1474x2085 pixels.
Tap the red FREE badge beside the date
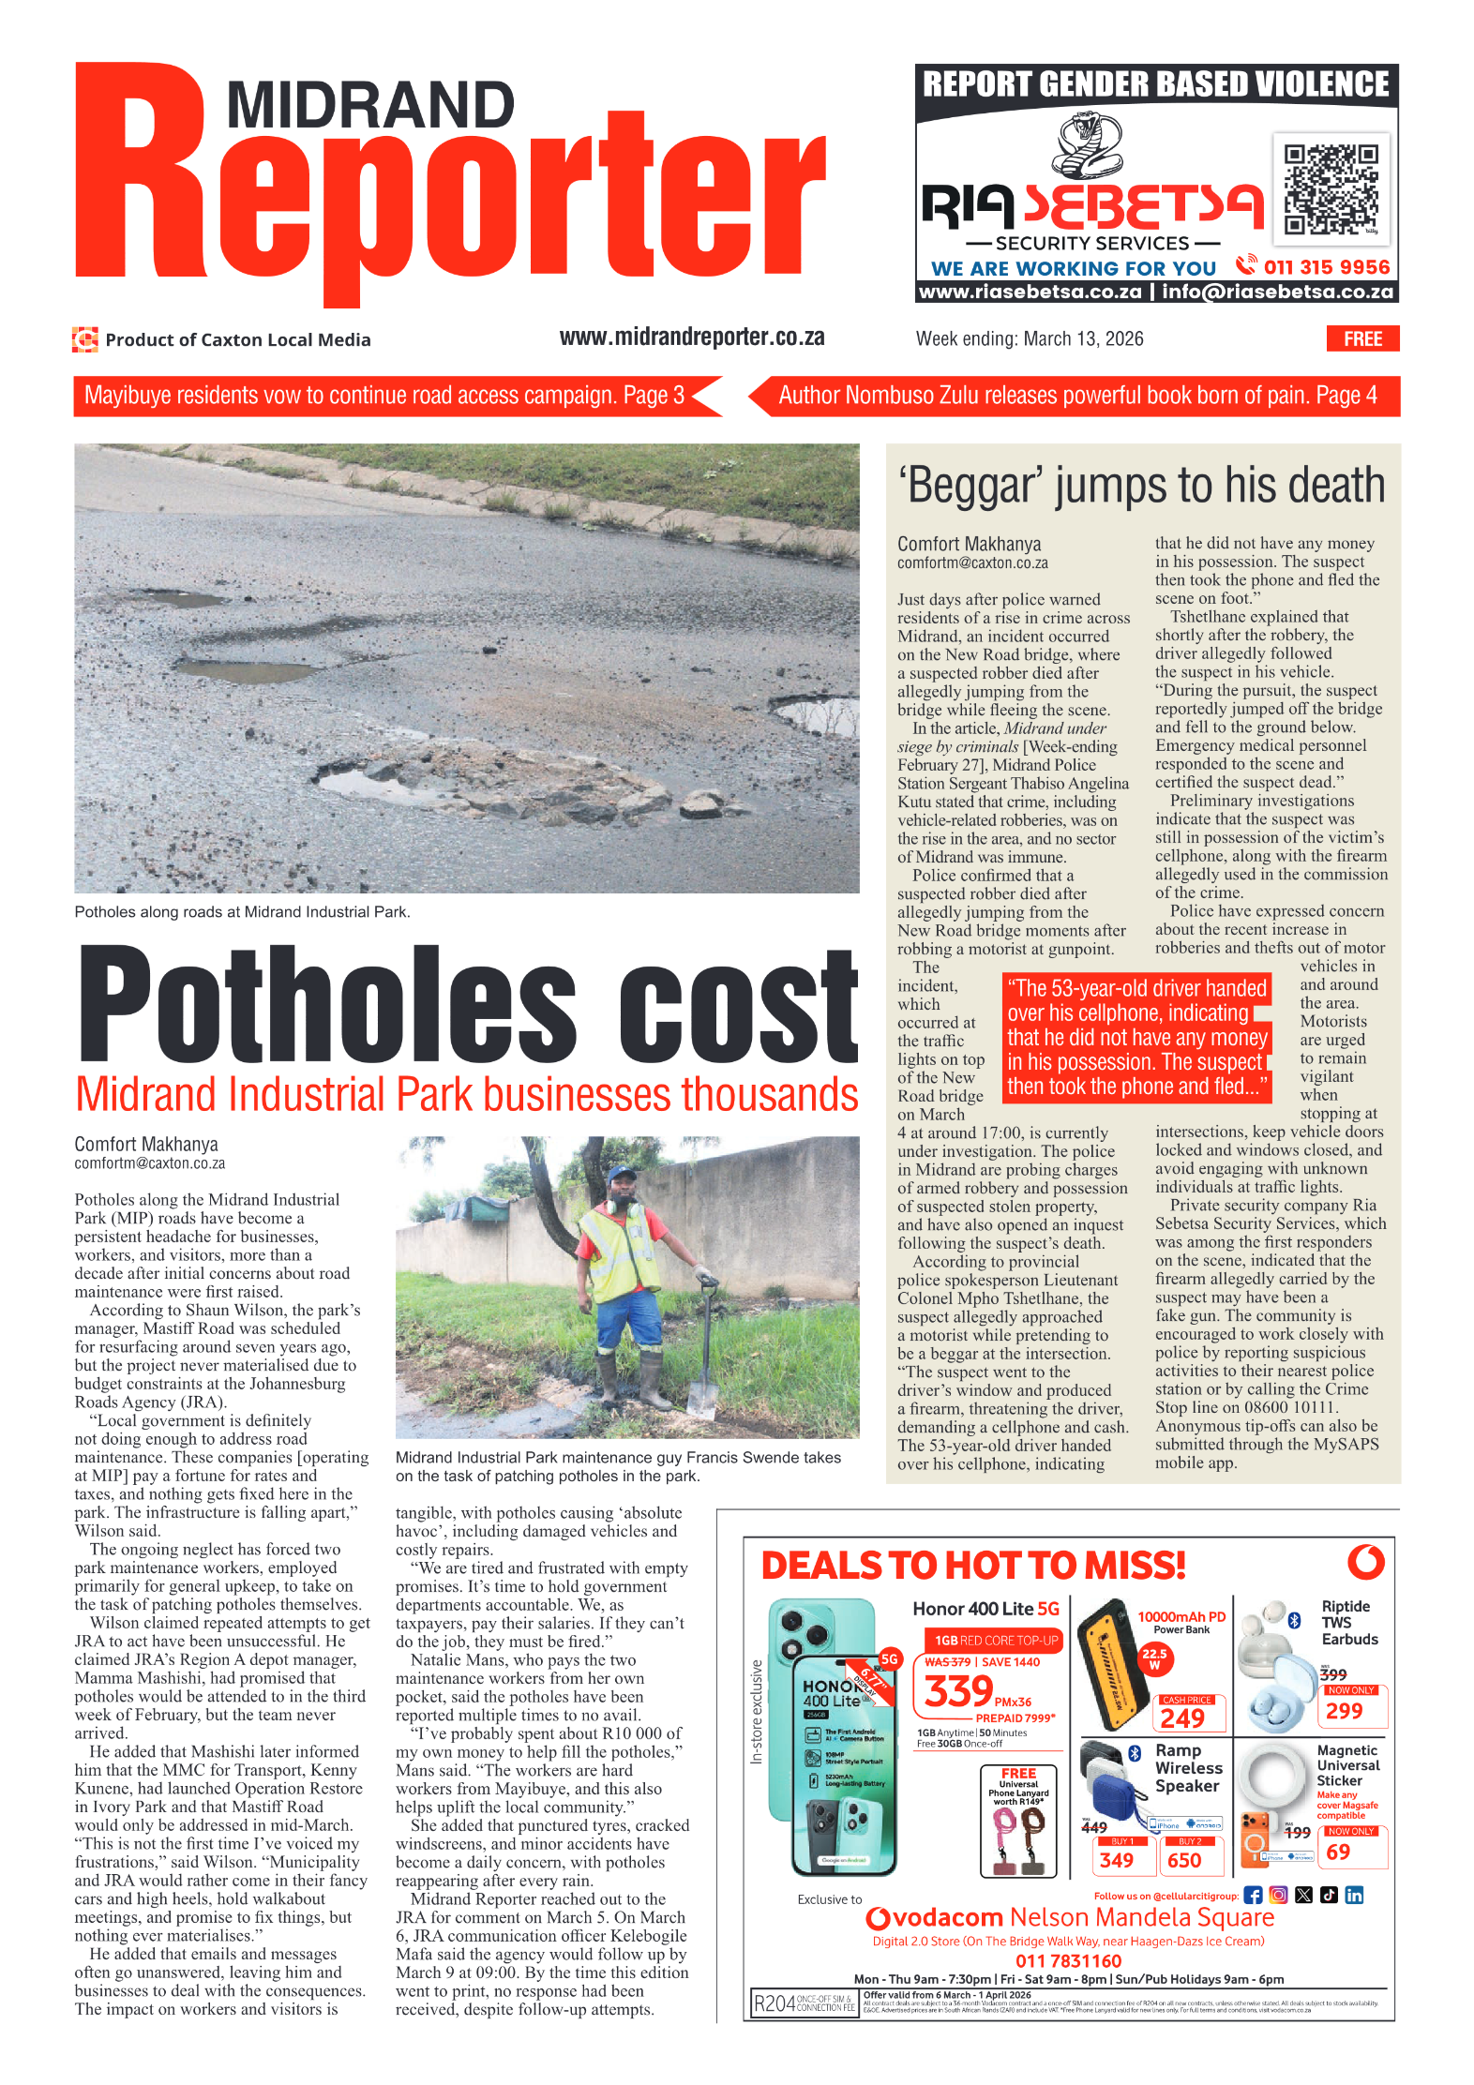[x=1361, y=338]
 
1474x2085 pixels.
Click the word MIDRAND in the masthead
[x=370, y=105]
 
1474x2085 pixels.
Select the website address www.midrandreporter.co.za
[x=691, y=337]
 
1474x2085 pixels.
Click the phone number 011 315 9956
[x=1325, y=267]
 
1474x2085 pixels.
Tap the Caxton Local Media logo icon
[x=85, y=339]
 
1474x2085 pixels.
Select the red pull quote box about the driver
[x=1136, y=1037]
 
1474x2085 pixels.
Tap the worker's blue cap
[x=622, y=1173]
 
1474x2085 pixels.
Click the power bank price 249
[x=1181, y=1717]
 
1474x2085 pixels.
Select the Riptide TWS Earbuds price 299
[x=1344, y=1711]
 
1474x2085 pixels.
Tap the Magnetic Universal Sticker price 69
[x=1338, y=1852]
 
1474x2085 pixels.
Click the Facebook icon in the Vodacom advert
[x=1253, y=1895]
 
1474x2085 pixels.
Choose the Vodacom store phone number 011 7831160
[x=1068, y=1960]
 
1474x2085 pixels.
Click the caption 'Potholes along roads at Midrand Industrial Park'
[x=242, y=911]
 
